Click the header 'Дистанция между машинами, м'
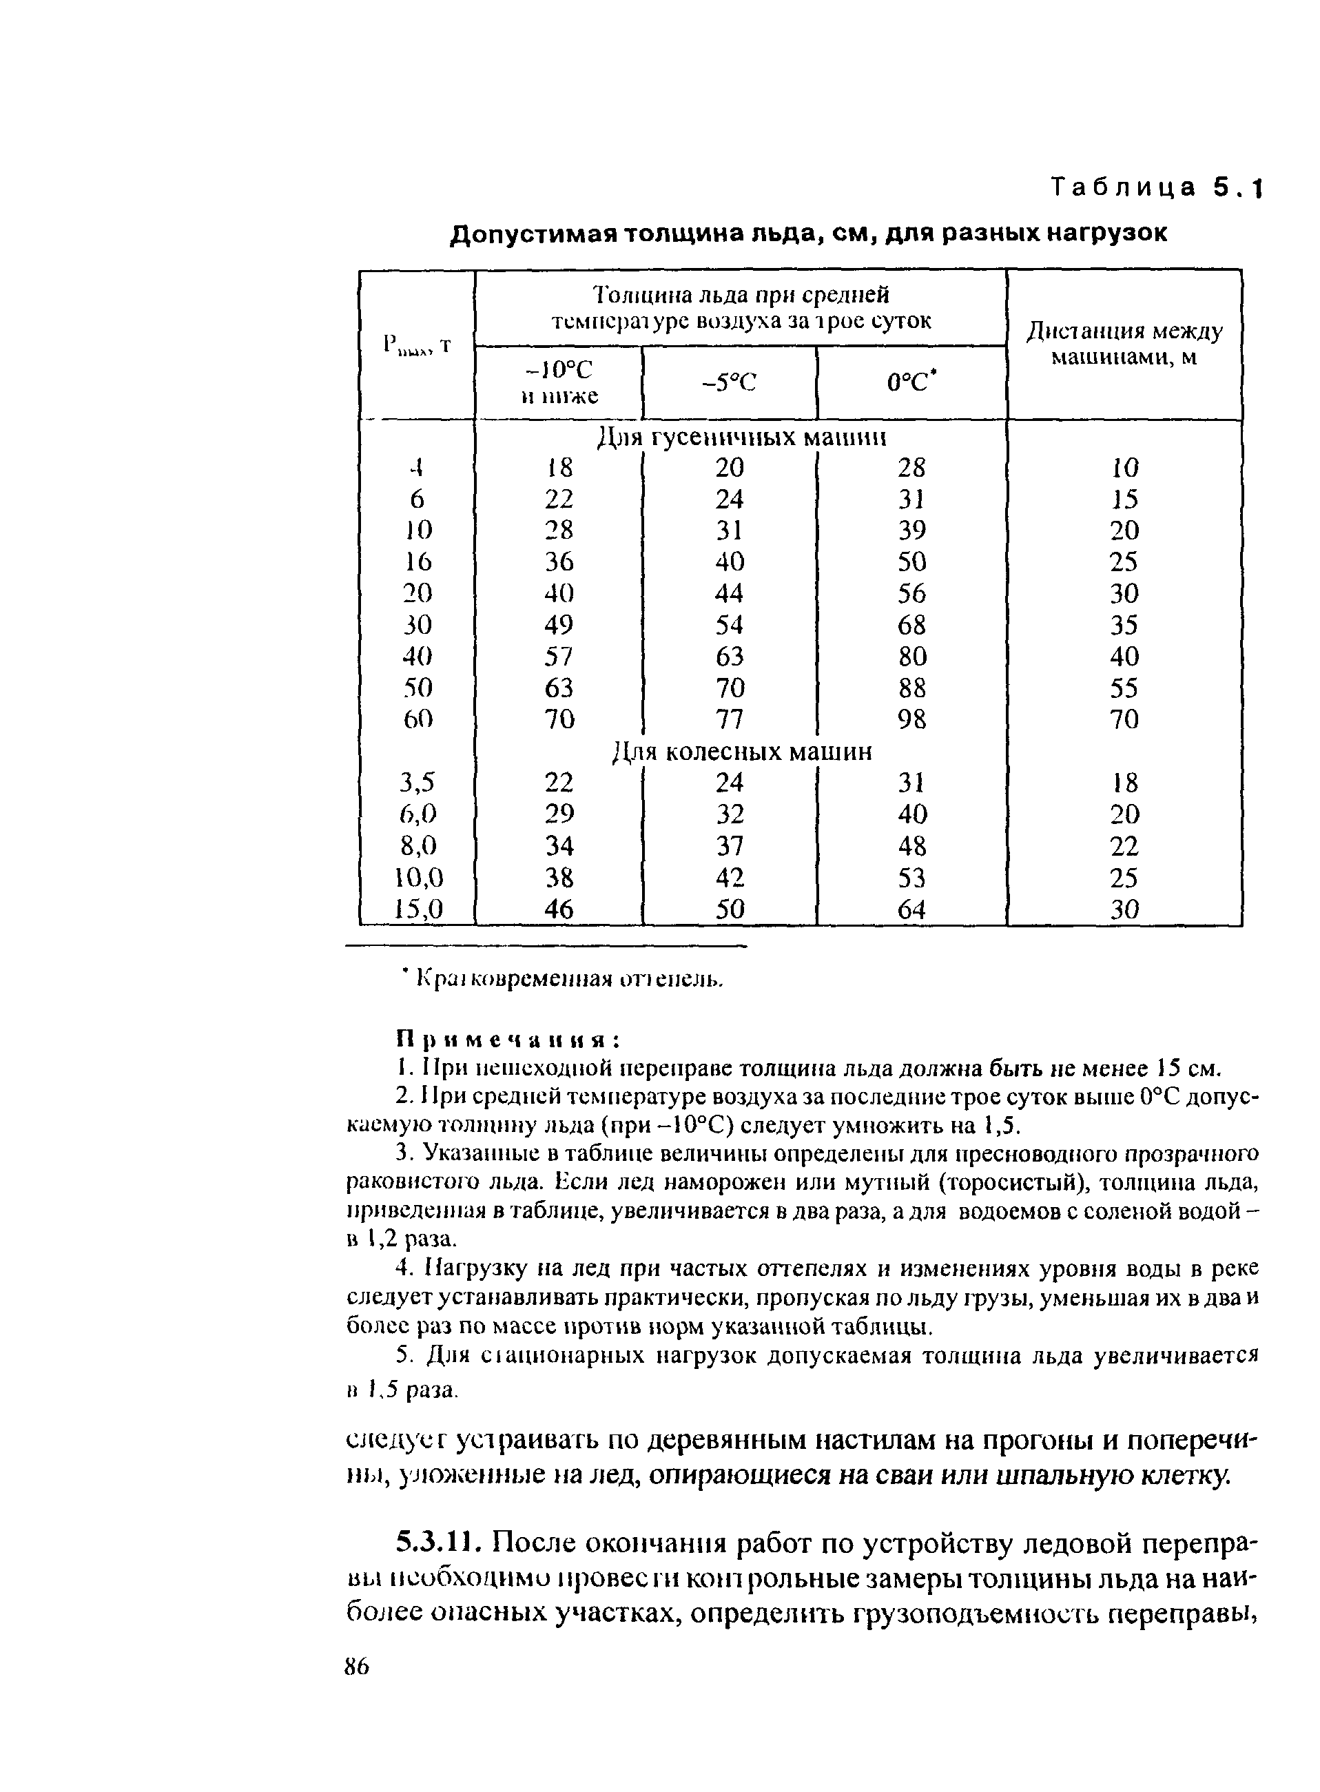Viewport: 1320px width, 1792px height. click(x=1124, y=344)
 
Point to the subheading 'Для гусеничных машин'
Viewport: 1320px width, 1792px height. click(x=742, y=437)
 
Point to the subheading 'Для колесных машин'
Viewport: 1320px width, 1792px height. click(x=742, y=752)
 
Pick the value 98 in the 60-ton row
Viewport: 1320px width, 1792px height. click(x=911, y=720)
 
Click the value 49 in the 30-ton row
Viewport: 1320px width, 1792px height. click(x=559, y=625)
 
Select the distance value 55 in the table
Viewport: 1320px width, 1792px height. click(x=1124, y=688)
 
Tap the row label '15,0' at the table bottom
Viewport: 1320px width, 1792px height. click(x=418, y=909)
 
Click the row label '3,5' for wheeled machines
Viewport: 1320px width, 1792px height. click(x=418, y=782)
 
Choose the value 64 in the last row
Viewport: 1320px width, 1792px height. click(x=911, y=909)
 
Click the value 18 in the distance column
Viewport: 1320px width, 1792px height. click(x=1124, y=782)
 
